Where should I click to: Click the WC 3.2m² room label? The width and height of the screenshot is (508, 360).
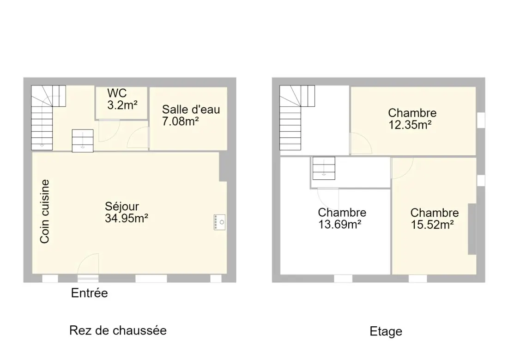click(122, 99)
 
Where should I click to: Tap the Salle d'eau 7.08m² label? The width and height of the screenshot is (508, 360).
click(191, 115)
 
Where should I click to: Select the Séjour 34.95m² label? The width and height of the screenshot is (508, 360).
click(127, 213)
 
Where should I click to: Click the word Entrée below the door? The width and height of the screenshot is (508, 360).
click(90, 293)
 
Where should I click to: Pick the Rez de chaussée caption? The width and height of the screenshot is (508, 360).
click(118, 330)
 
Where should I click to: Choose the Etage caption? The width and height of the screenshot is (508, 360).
click(386, 331)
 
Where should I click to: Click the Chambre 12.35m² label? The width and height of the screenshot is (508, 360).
click(412, 119)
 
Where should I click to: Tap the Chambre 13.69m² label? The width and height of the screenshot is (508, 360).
click(342, 218)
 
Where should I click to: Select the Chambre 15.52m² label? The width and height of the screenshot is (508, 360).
click(435, 218)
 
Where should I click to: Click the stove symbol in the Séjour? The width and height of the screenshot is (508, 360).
click(220, 222)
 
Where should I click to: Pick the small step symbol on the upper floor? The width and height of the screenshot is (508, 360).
click(324, 168)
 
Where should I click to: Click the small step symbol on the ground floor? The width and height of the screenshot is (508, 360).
click(83, 141)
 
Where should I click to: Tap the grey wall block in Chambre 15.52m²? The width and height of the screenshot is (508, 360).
click(472, 229)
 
